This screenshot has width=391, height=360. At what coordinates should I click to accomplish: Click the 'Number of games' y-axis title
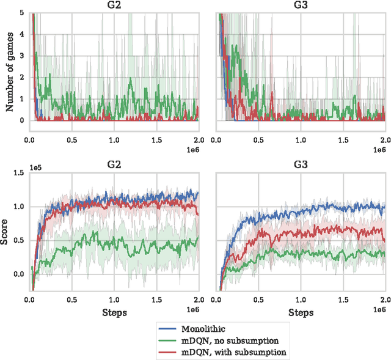[10, 65]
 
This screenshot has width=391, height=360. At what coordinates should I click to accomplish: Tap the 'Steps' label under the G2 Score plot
[114, 312]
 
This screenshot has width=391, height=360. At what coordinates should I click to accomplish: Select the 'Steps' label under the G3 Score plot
[301, 312]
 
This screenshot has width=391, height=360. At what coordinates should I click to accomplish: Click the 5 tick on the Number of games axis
[21, 13]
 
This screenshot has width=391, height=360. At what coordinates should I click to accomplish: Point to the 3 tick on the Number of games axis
[21, 56]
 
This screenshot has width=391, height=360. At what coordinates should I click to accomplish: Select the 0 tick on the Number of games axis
[21, 120]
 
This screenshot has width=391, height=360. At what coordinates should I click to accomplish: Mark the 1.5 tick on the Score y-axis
[18, 173]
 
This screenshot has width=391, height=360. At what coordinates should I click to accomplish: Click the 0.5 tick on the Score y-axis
[18, 240]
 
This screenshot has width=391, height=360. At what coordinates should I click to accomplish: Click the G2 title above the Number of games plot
[114, 5]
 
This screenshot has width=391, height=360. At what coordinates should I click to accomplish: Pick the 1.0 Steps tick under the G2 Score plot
[114, 300]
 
